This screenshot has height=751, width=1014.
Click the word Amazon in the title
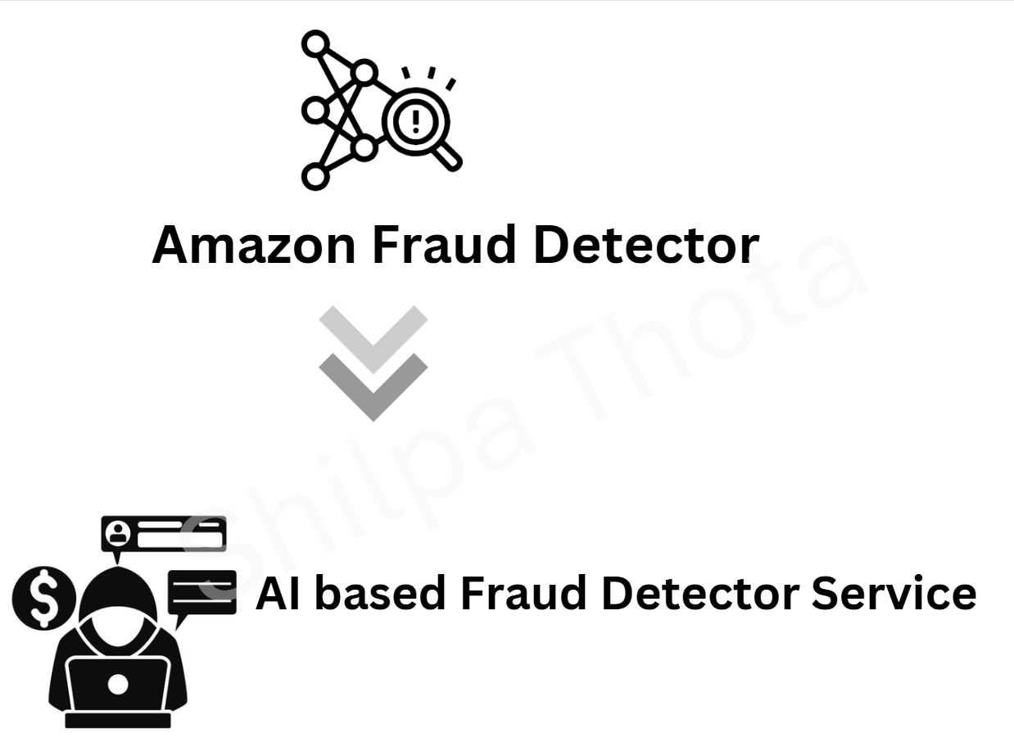point(254,245)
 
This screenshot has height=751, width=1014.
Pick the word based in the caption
point(380,592)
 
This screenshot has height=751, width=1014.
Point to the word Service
point(894,593)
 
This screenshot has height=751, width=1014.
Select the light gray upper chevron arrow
point(373,339)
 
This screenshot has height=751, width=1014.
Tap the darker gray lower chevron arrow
point(373,387)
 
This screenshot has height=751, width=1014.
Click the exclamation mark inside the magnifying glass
point(415,121)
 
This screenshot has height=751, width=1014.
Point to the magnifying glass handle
point(447,156)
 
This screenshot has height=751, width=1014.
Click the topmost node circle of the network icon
point(315,44)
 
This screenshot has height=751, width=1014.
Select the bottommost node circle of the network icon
point(315,176)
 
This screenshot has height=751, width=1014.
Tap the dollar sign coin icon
point(44,598)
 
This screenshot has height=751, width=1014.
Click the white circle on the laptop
point(117,685)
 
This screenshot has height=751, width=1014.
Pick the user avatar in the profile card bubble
point(118,534)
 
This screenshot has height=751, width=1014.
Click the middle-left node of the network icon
point(315,111)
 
